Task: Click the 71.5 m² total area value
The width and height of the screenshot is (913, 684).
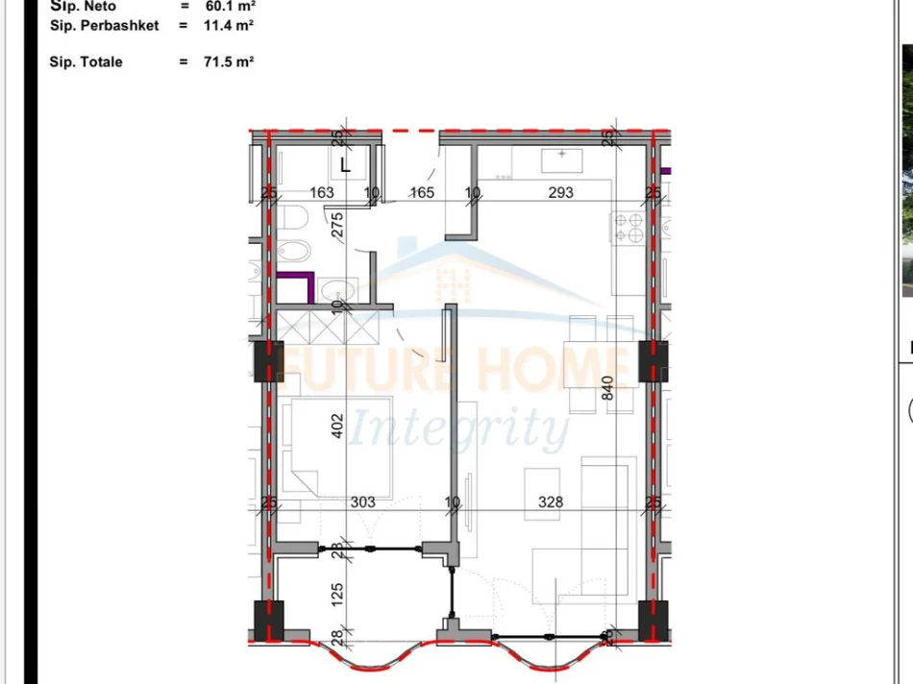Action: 230,61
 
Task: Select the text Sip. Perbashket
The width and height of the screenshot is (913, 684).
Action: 104,25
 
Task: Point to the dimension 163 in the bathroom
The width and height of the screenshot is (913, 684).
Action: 322,192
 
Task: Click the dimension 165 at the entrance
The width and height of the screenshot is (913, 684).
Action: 422,192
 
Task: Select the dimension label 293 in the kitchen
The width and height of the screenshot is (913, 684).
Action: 560,192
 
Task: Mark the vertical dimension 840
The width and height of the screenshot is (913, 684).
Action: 606,387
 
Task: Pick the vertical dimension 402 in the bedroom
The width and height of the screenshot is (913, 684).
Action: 336,427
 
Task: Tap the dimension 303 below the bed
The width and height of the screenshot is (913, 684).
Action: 363,501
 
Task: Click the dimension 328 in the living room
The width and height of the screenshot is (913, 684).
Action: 551,501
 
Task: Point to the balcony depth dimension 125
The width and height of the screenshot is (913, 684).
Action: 336,593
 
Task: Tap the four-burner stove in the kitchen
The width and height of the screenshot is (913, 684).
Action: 629,227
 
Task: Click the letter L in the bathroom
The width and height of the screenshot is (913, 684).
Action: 346,164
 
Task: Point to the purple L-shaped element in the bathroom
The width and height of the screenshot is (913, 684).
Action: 298,285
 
